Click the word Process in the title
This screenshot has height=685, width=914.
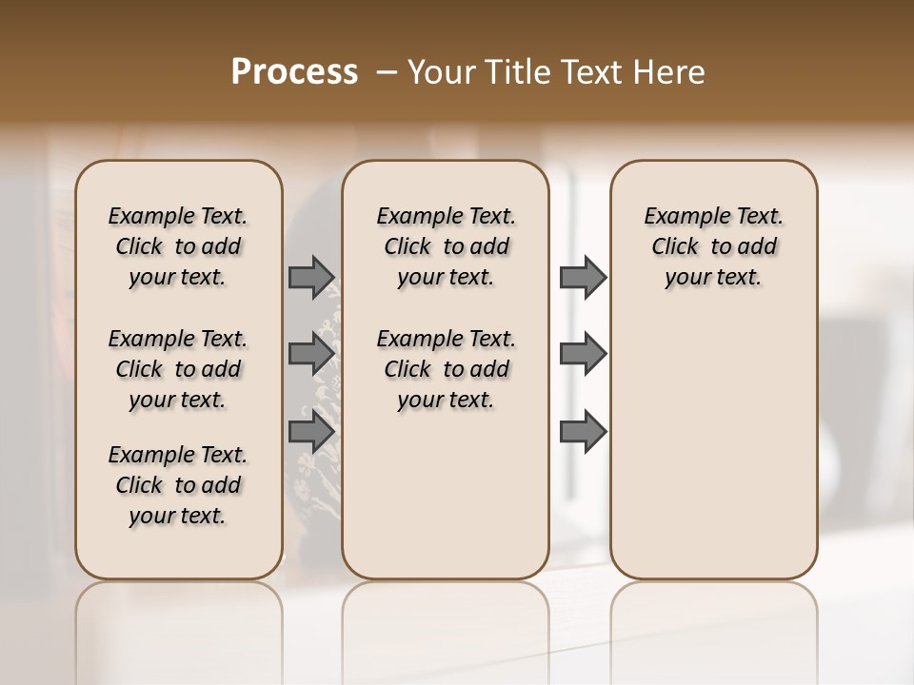point(294,72)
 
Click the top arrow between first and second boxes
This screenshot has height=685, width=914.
point(310,277)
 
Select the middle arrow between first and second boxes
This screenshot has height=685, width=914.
point(310,354)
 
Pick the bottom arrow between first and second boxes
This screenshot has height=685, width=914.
point(310,431)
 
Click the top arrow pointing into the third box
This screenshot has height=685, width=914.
point(583,277)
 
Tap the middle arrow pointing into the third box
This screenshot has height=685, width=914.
point(583,354)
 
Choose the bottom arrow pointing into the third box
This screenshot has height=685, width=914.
point(583,431)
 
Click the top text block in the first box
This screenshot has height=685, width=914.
point(178,246)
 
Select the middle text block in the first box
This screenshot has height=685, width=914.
point(178,369)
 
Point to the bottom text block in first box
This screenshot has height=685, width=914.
point(178,485)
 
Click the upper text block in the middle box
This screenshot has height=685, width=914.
point(447,246)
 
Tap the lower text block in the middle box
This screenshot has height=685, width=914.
point(447,369)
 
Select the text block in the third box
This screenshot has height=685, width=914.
point(714,246)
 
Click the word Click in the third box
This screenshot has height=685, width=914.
point(675,247)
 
